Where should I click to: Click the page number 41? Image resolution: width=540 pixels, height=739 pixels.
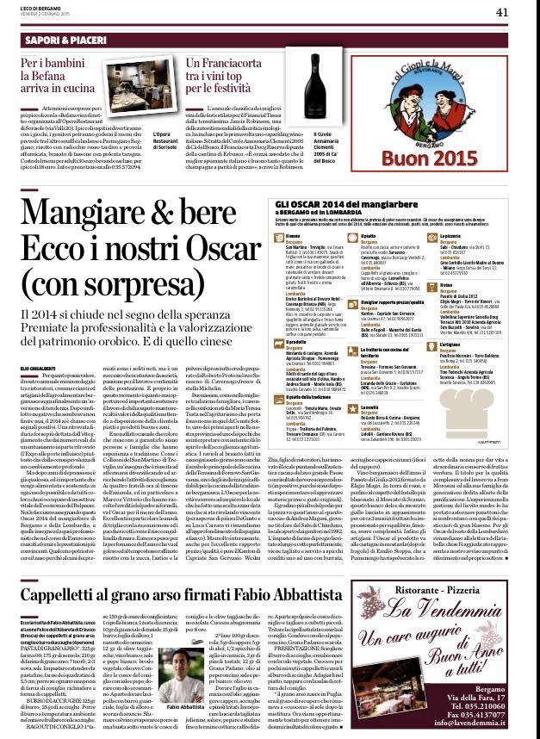click(x=525, y=11)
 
